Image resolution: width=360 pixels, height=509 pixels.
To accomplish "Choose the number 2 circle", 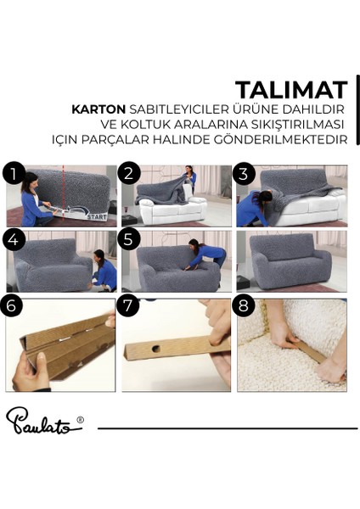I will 129,174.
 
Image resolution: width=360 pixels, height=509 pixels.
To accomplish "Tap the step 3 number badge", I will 245,174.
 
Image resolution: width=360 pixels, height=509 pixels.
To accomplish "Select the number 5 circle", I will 129,240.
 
